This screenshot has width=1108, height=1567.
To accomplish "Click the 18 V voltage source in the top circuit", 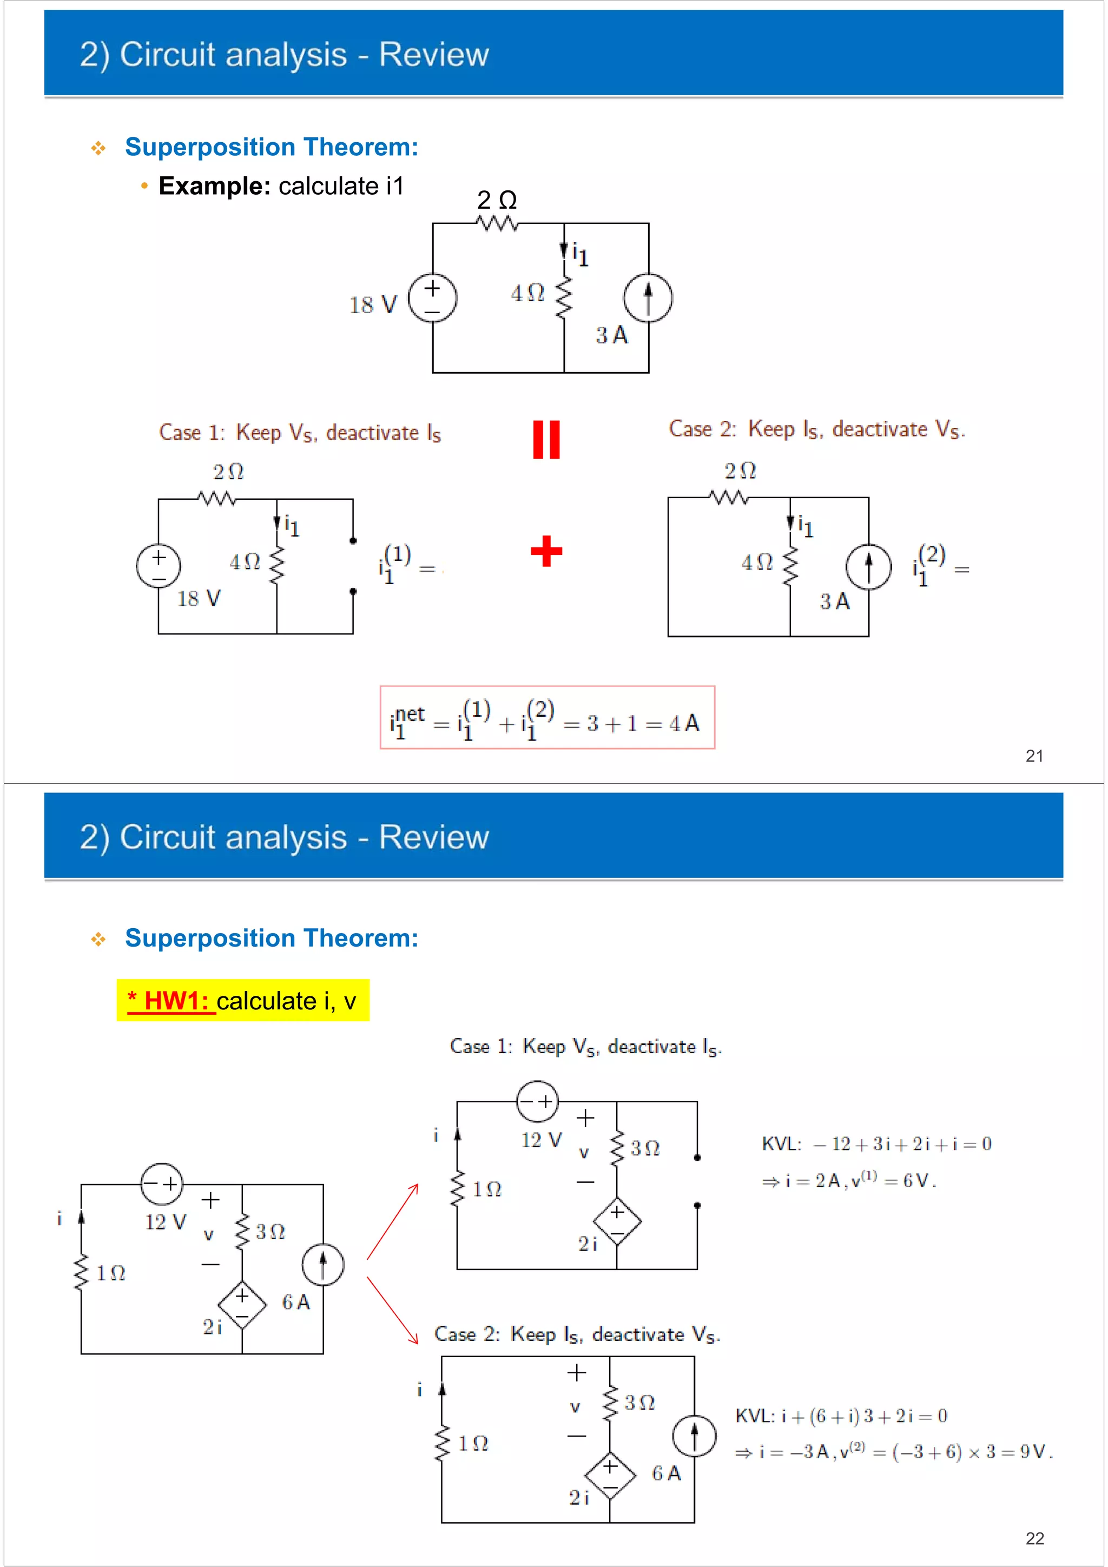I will click(x=432, y=298).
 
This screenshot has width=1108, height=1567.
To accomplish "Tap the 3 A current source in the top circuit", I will click(x=648, y=298).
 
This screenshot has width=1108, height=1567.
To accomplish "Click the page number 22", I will click(x=1034, y=1538).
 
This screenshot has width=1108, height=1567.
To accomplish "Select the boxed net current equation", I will click(x=547, y=718).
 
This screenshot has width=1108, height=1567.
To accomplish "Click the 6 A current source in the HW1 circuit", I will click(x=323, y=1265).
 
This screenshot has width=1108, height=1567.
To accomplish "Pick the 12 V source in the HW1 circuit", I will click(x=162, y=1184).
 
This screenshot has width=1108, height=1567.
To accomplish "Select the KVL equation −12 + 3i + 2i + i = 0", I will click(x=876, y=1144).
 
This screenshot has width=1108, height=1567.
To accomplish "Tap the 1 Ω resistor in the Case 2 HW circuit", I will click(x=443, y=1443).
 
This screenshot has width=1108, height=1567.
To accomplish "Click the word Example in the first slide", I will click(x=214, y=186).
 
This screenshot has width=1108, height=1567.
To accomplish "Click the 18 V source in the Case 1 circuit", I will click(x=159, y=566).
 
